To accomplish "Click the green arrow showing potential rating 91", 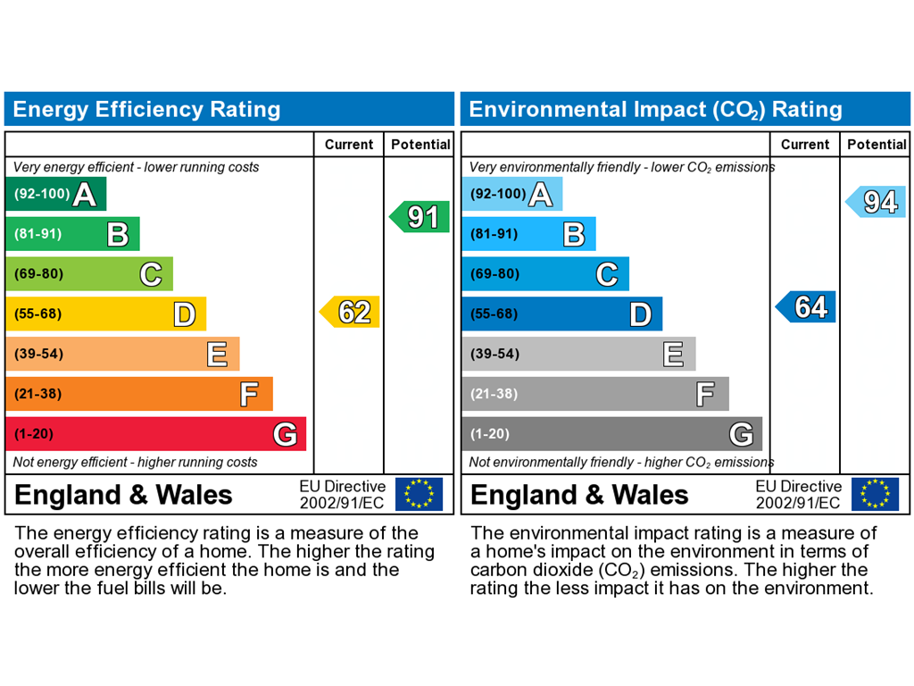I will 420,217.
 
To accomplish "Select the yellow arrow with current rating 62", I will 351,312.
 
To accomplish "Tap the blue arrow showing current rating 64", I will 807,307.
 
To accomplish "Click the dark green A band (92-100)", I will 55,194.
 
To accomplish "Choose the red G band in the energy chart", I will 155,434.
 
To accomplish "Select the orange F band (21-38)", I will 138,394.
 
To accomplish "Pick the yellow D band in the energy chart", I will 105,314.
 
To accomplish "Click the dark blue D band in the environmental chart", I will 561,314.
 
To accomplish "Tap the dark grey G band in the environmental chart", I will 611,434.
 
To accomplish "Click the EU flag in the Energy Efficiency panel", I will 419,494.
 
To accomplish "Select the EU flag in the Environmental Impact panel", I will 875,494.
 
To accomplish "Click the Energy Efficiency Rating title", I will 146,110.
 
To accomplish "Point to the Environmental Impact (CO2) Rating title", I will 655,110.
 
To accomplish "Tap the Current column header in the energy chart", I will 349,145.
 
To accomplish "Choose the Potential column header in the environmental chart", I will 877,145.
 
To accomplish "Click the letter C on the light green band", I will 151,274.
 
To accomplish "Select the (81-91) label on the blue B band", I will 494,234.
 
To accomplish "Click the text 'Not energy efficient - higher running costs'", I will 135,462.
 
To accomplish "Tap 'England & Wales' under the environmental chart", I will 579,495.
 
